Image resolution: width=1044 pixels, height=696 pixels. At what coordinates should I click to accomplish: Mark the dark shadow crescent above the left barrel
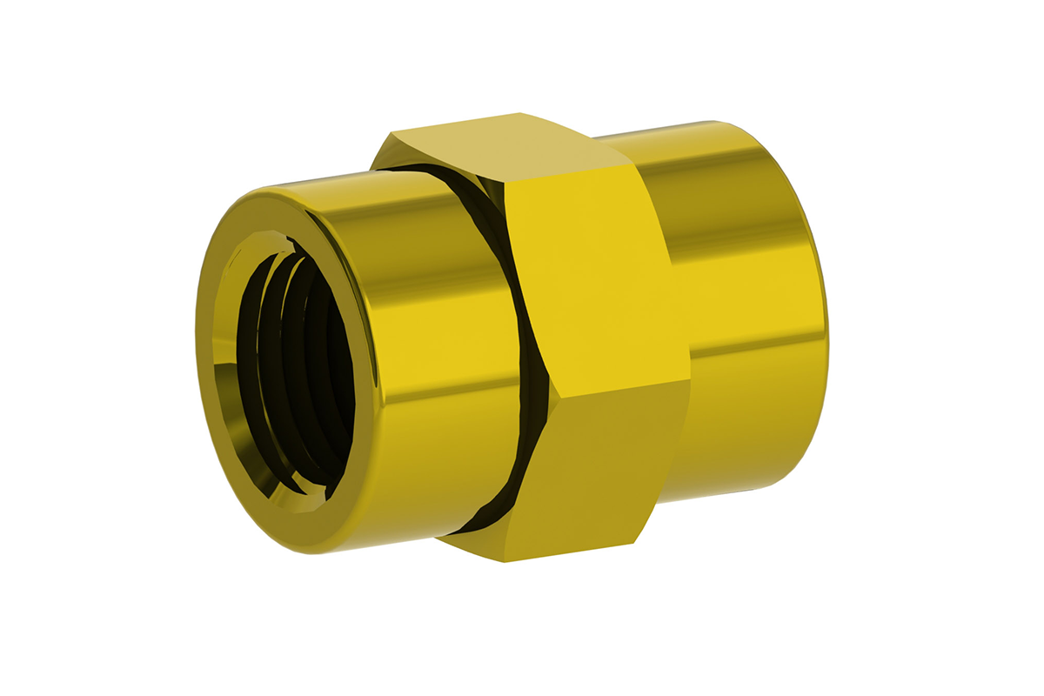click(435, 174)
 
